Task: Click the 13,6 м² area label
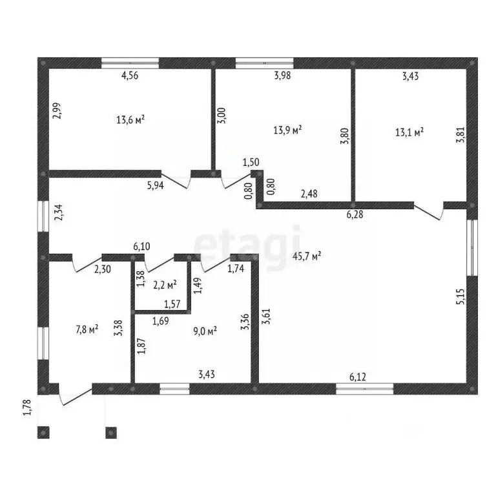pos(130,120)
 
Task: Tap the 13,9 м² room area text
pos(287,130)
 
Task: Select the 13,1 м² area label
pos(409,132)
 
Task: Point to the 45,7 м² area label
pos(307,256)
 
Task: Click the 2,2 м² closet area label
pos(165,285)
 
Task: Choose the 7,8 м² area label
pos(87,330)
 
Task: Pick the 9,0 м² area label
pos(205,331)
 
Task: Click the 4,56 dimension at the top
pos(130,76)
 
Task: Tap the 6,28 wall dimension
pos(355,214)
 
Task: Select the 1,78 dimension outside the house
pos(28,408)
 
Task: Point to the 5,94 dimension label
pos(156,185)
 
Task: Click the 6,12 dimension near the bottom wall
pos(358,377)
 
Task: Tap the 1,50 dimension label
pos(251,162)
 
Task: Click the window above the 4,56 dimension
pos(130,63)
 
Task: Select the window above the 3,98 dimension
pos(264,63)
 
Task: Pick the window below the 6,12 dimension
pos(364,389)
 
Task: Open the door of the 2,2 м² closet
pos(160,263)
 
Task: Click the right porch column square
pos(111,433)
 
